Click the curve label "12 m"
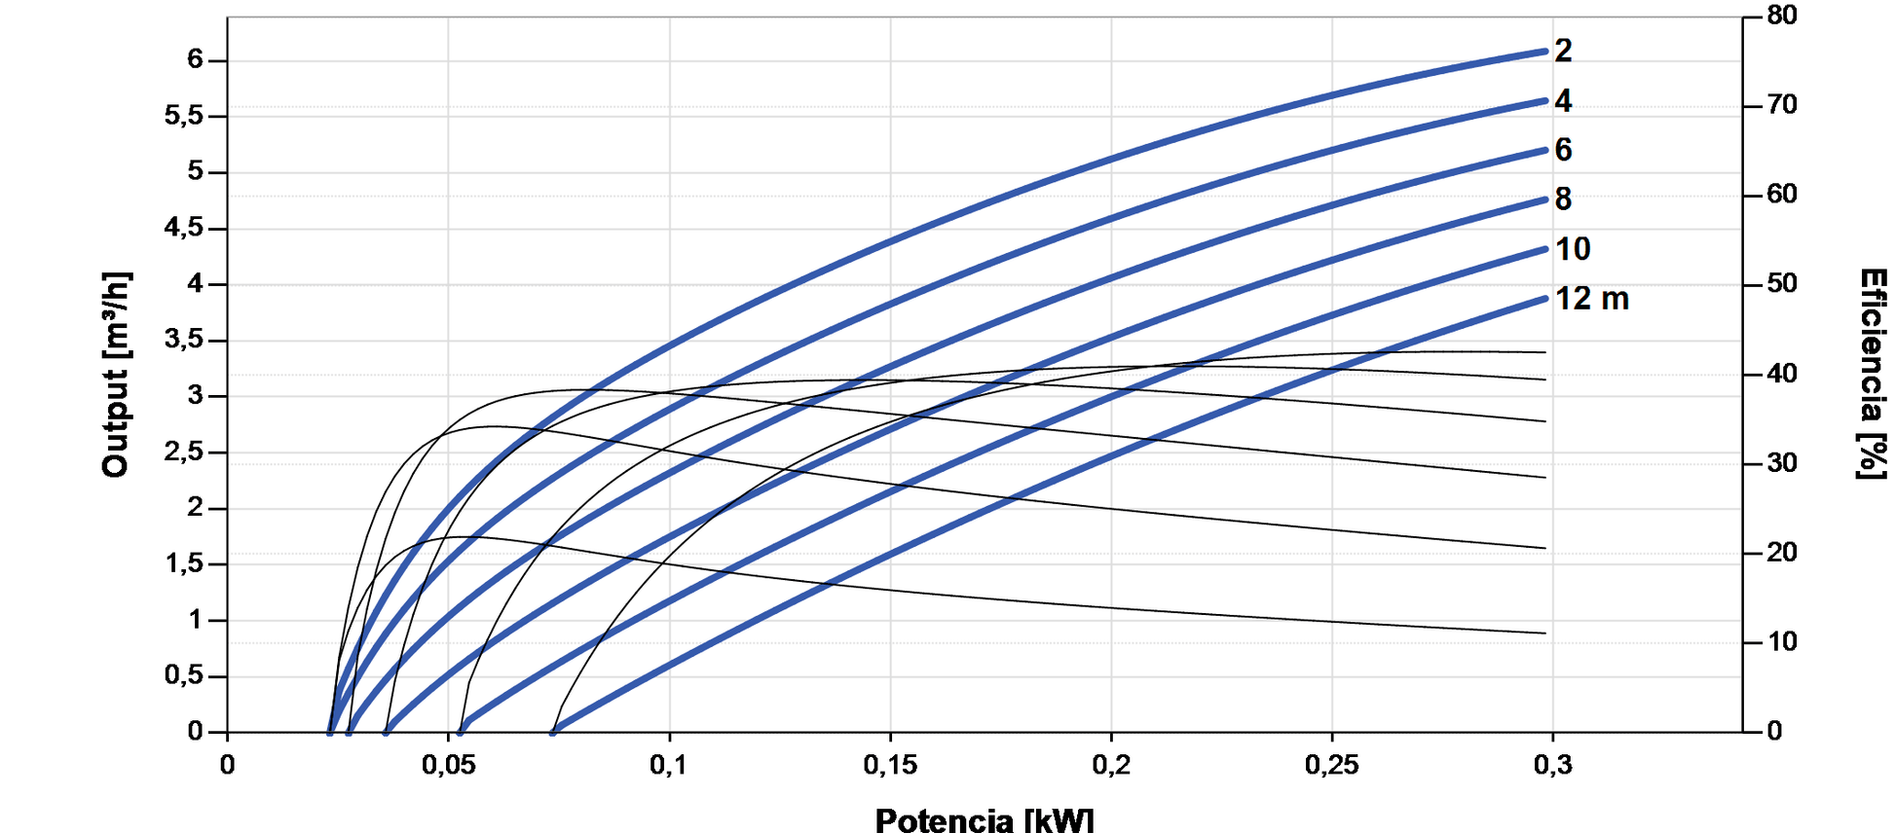pos(1591,299)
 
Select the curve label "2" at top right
pos(1563,51)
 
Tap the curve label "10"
pos(1573,249)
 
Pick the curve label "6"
pos(1563,150)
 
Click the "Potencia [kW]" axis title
pos(985,820)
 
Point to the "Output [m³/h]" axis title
pos(116,375)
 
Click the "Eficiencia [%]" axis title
pos(1872,375)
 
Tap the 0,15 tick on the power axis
pos(890,765)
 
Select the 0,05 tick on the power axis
pos(448,765)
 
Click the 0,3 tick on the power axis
pos(1552,765)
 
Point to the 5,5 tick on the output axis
pos(184,116)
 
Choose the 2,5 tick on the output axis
pos(184,453)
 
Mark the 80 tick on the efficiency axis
pos(1782,16)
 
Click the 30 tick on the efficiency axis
pos(1782,463)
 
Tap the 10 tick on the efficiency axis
pos(1782,642)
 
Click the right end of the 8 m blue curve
pos(1544,199)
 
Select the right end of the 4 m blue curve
pos(1544,100)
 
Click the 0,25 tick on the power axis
pos(1331,765)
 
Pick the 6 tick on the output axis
pos(195,60)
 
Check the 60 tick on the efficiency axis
pos(1782,195)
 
